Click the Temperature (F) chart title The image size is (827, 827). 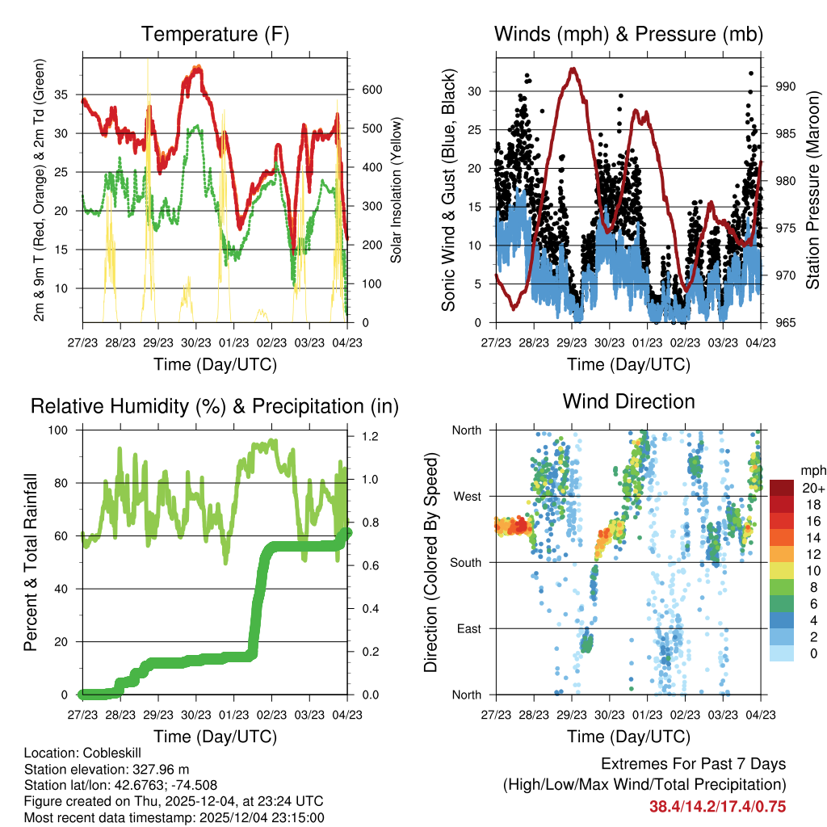click(x=215, y=34)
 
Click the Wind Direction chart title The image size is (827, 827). click(x=628, y=401)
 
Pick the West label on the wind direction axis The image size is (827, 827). click(x=466, y=496)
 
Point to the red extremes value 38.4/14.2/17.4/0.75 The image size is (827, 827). click(x=717, y=807)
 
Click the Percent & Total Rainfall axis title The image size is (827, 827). click(x=31, y=563)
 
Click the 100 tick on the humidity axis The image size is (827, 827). click(x=61, y=430)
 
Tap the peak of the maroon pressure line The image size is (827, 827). click(x=573, y=69)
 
